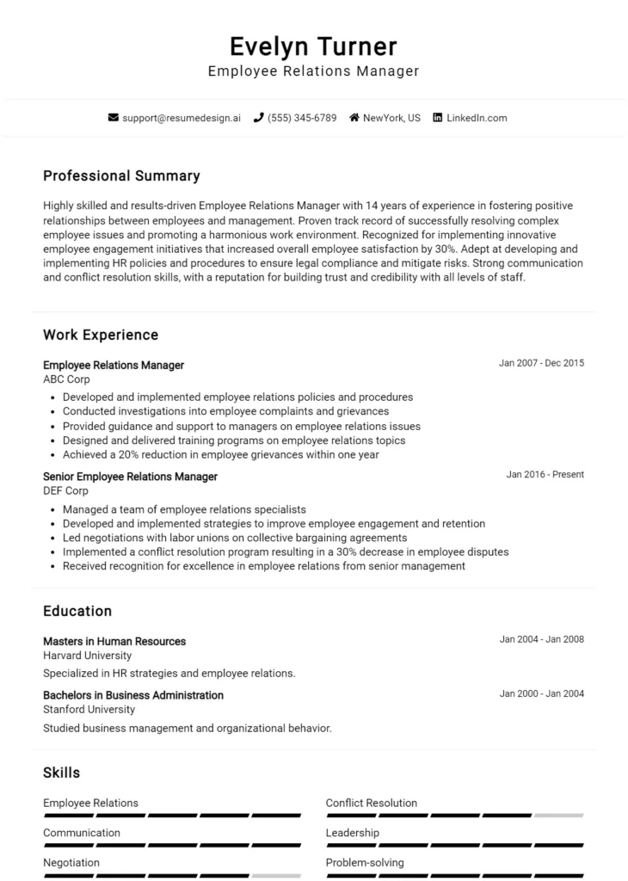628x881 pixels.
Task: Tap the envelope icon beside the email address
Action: tap(113, 118)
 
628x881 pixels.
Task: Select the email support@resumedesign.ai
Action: tap(182, 118)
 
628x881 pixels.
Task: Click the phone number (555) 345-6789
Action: tap(302, 118)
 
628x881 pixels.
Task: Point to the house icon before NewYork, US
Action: tap(354, 118)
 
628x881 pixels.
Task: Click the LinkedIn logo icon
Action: tap(437, 118)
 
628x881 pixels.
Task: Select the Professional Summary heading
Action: tap(121, 176)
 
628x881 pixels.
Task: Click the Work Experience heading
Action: tap(101, 335)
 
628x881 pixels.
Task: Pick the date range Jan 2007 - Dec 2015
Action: tap(541, 363)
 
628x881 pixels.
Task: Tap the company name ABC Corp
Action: tap(66, 379)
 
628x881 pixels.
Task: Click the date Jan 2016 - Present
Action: tap(545, 474)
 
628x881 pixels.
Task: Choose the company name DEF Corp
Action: tap(65, 491)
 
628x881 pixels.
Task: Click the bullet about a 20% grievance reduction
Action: tap(220, 455)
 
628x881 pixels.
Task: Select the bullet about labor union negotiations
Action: tap(234, 538)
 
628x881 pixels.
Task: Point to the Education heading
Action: tap(77, 611)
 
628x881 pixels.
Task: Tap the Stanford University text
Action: tap(89, 710)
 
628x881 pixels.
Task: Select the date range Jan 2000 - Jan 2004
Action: tap(541, 693)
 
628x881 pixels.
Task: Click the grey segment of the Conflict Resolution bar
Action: tap(558, 815)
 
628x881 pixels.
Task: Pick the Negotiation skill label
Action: tap(71, 863)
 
